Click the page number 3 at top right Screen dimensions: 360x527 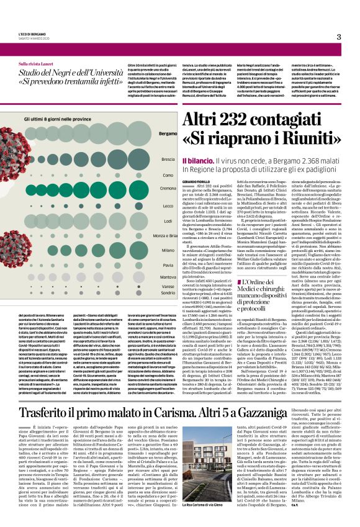coord(340,37)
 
